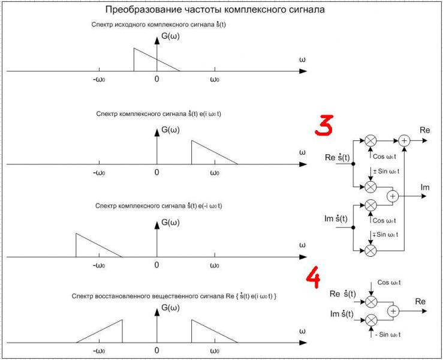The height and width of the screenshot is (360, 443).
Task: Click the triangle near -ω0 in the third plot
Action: point(93,247)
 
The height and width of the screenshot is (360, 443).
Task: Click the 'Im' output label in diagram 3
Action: point(425,188)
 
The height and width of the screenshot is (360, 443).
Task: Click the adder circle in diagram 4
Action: point(393,310)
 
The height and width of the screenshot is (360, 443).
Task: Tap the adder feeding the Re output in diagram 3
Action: point(405,140)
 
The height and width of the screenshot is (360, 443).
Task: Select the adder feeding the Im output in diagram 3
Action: point(393,196)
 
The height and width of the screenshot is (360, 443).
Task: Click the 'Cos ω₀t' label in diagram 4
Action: point(390,282)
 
